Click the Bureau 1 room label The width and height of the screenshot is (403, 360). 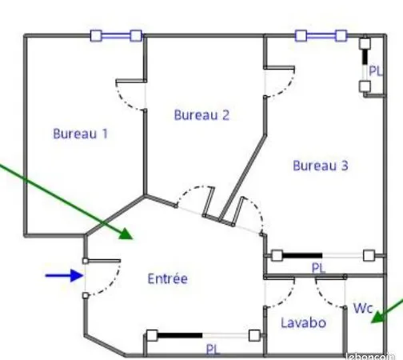coord(80,134)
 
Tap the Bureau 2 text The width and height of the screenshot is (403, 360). coord(201,115)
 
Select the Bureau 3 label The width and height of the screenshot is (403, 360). coord(321,166)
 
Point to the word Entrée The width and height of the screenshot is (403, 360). coord(167,278)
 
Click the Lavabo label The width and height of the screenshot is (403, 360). coord(303,322)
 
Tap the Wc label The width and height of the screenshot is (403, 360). coord(363,308)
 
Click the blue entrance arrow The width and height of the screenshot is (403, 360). coord(64,275)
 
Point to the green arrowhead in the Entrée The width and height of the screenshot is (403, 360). coord(126,234)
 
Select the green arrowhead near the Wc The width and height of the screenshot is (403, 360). coord(378,318)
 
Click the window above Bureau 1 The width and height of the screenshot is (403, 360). coord(116,35)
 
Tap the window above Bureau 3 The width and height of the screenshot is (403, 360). coord(321,35)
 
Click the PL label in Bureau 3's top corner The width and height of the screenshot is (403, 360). coord(375,71)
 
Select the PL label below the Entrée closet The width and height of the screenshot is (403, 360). coord(213,350)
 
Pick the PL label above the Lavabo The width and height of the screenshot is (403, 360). coord(318,268)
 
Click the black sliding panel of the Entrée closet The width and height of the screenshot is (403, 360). coord(180,335)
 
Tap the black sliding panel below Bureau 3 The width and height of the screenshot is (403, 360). coord(302,255)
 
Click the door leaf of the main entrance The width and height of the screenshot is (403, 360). coord(103,261)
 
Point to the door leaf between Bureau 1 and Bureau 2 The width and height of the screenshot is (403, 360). coord(131,81)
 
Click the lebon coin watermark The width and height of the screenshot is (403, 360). coord(370,356)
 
